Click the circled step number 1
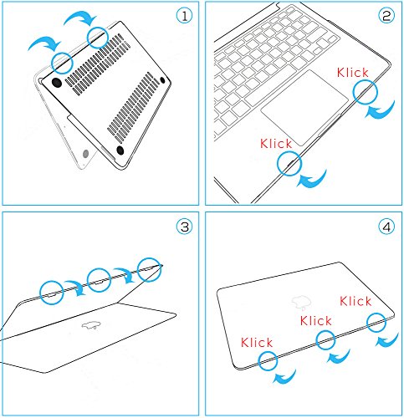coord(185,16)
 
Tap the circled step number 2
coord(386,16)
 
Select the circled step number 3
coord(185,227)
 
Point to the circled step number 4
coord(386,227)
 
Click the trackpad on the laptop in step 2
coord(304,108)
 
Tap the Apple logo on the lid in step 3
coord(91,324)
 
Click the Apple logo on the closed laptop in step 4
coord(301,303)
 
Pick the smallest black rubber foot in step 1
coord(162,80)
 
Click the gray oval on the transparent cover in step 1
coord(86,153)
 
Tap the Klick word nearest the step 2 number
coord(353,73)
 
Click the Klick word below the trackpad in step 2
coord(276,144)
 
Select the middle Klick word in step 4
coord(316,321)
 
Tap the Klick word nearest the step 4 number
coord(355,301)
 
